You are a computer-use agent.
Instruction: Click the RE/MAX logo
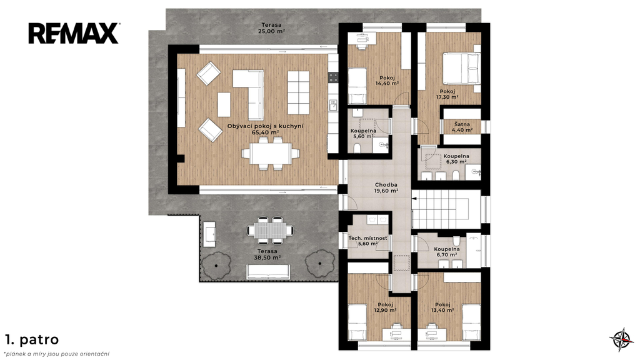click(x=74, y=34)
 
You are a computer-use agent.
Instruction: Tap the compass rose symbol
click(x=622, y=339)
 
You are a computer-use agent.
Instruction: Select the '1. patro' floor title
click(x=32, y=339)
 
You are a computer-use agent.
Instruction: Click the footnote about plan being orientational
click(x=57, y=354)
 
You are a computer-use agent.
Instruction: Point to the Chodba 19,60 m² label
click(x=386, y=187)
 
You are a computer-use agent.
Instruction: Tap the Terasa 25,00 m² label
click(x=271, y=27)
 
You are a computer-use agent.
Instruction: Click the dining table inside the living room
click(x=271, y=153)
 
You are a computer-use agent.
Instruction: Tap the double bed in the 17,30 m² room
click(x=462, y=69)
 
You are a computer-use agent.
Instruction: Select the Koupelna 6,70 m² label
click(x=446, y=251)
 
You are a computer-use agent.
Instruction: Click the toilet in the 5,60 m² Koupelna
click(x=357, y=147)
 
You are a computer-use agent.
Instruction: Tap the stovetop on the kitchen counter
click(x=334, y=77)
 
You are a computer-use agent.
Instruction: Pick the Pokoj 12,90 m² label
click(x=385, y=307)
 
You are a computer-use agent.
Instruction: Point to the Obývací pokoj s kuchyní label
click(x=265, y=129)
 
